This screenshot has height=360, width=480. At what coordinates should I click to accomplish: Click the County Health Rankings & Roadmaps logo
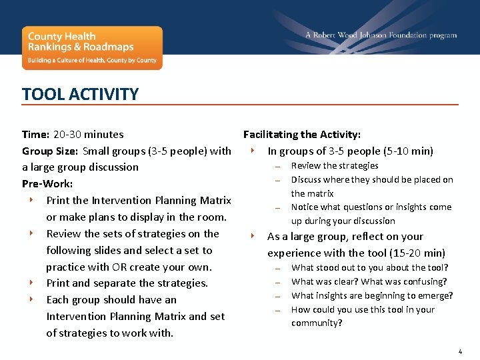92,47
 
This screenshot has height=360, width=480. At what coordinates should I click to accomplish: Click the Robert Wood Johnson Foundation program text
381,35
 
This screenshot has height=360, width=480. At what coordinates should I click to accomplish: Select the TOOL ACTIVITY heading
80,94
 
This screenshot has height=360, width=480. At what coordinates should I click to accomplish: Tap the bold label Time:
35,134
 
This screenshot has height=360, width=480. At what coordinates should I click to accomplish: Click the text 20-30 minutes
89,134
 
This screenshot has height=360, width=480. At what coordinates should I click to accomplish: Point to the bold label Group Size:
51,151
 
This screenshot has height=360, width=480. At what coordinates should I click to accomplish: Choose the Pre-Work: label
47,183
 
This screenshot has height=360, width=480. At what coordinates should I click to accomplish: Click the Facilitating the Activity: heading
302,134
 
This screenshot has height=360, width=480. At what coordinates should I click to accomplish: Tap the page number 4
460,351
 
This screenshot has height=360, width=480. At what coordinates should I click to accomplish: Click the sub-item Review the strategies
335,165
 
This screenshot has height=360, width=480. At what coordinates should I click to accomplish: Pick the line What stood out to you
369,267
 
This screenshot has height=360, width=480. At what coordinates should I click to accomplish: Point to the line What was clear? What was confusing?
369,281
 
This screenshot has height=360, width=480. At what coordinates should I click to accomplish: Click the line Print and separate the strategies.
127,283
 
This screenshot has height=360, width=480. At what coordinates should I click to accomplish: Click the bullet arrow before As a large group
253,235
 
